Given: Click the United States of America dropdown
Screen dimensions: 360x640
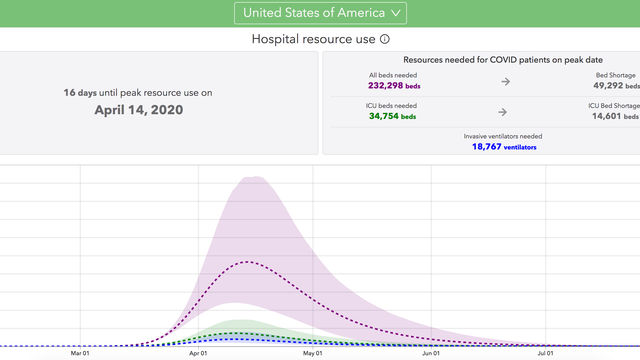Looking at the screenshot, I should [x=320, y=12].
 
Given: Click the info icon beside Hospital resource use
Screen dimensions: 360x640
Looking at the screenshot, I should [x=385, y=39].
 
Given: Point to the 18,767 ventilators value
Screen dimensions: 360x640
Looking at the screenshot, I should [x=504, y=146].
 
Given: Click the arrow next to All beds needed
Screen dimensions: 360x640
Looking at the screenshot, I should [x=504, y=81].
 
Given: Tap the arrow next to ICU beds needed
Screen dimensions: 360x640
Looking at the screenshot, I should [x=504, y=111].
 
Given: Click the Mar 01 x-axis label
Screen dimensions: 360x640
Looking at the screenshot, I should [x=81, y=352].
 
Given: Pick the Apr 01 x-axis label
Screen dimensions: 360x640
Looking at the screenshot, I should [x=198, y=352].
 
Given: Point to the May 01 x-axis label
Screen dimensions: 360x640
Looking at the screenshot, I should [x=314, y=352].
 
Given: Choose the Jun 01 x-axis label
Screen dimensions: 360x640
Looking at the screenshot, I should [x=430, y=352].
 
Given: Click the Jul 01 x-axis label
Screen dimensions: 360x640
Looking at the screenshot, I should [x=546, y=352].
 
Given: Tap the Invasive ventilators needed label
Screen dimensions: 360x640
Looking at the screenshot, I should [x=504, y=135].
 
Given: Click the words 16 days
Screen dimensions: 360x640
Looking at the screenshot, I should [x=79, y=93].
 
